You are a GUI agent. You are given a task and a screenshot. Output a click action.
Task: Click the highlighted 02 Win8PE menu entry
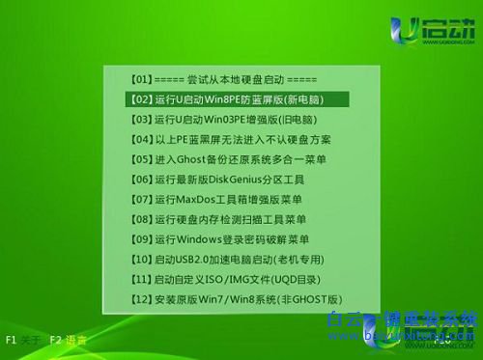click(x=238, y=98)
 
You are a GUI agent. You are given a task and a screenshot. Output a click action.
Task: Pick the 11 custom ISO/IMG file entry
click(x=231, y=279)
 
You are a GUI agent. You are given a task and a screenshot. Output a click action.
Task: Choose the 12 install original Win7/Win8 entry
click(x=236, y=299)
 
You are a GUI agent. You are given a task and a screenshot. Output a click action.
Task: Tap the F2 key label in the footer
click(x=56, y=340)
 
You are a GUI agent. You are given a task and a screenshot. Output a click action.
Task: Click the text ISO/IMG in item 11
click(x=233, y=280)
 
